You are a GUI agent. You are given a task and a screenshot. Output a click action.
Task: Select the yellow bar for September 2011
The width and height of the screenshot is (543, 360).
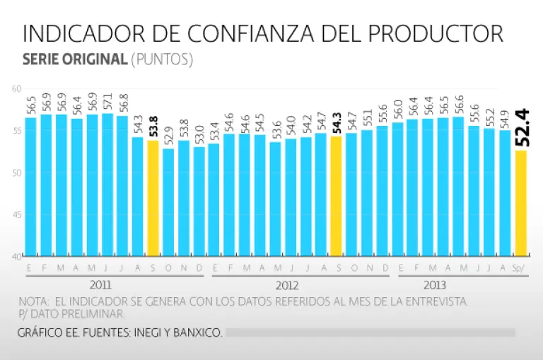click(153, 197)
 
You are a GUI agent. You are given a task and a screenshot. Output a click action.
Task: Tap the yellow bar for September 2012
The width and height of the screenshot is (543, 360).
click(337, 195)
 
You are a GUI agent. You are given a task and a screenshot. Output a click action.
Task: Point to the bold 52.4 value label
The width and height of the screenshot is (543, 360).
click(522, 128)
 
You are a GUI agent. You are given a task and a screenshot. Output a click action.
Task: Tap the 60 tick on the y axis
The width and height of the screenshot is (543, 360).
click(16, 88)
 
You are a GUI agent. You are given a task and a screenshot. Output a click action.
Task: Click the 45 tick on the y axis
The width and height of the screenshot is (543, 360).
click(16, 214)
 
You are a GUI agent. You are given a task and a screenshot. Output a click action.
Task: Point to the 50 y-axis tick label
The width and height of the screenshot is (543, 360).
click(16, 173)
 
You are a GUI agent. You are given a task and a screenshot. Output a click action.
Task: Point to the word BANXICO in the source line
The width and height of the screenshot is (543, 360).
click(199, 332)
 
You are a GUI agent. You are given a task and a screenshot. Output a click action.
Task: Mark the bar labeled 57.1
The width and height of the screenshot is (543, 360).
click(107, 184)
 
